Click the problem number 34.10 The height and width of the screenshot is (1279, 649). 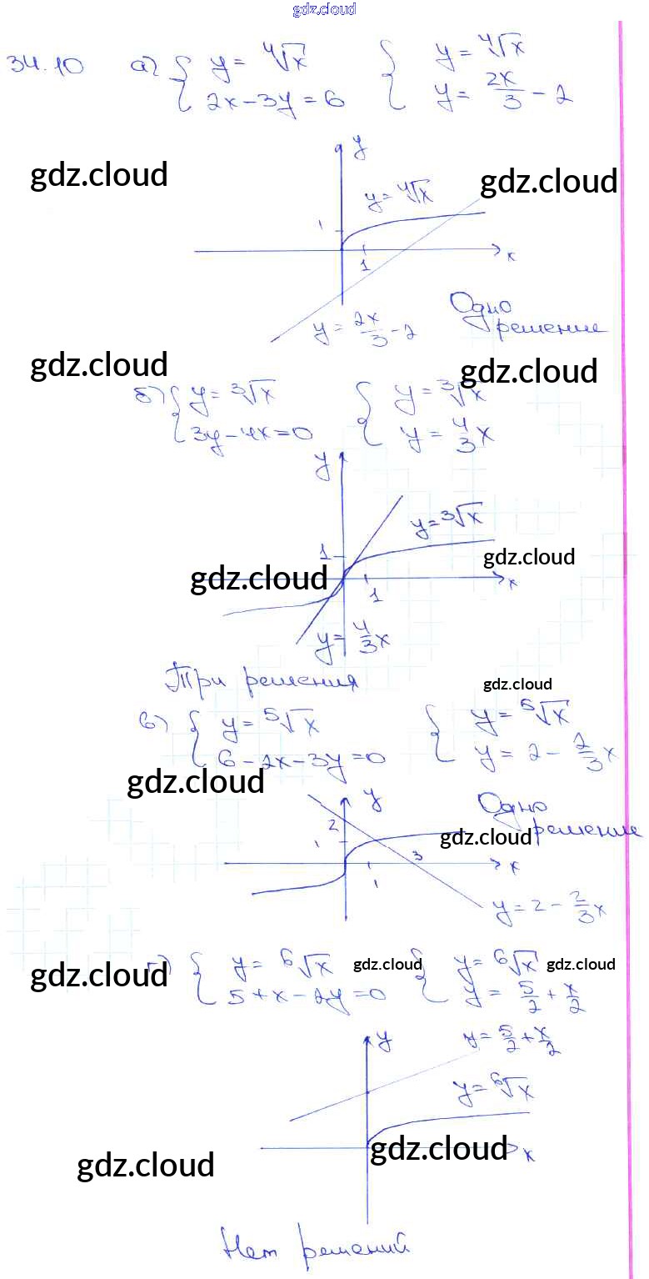point(45,67)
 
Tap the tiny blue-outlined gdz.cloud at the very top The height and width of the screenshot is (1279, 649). point(324,9)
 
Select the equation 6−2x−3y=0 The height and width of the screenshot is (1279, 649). point(299,757)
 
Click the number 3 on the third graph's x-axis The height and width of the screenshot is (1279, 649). point(418,855)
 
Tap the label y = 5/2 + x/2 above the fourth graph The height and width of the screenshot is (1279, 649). point(512,1042)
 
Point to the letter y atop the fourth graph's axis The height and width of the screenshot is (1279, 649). point(383,1039)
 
